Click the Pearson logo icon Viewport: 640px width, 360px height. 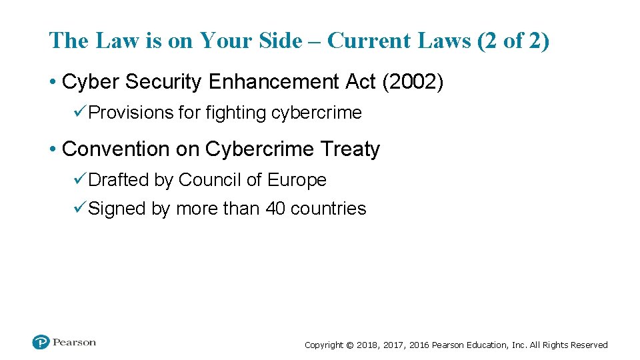tap(41, 343)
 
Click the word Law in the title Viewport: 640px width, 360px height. tap(117, 41)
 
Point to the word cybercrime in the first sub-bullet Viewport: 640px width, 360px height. tap(316, 113)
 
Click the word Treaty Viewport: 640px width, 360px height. tap(351, 149)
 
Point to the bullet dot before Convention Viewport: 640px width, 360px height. tap(52, 149)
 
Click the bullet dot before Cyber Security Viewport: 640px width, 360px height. tap(52, 82)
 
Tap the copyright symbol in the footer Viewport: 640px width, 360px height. tap(349, 345)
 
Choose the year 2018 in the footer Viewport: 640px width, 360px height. tap(367, 345)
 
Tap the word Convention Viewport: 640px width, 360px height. tap(116, 149)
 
